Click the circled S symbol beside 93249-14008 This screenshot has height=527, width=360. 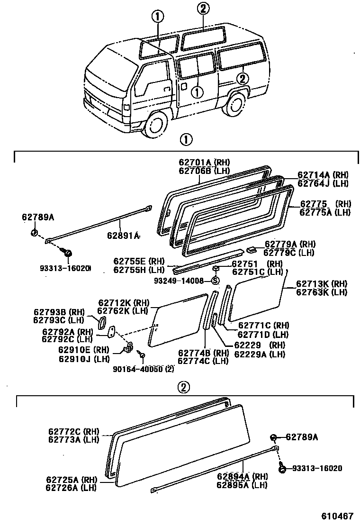pos(215,281)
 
